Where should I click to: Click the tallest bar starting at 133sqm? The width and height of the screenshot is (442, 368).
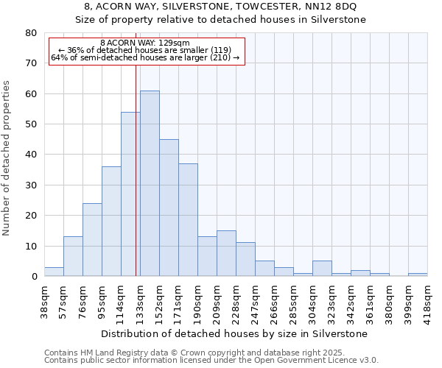[x=150, y=183]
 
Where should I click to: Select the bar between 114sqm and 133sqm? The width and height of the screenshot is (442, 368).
[x=130, y=194]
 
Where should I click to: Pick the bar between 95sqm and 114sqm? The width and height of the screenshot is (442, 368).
[x=111, y=221]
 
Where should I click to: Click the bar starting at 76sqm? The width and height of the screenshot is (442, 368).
[x=92, y=239]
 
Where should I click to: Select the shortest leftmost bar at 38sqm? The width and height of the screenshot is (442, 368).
[x=54, y=272]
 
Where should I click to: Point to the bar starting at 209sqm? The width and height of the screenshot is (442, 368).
[x=226, y=253]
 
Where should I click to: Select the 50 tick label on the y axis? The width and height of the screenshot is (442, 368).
[x=31, y=124]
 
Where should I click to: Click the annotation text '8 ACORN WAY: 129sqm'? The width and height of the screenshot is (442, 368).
[x=144, y=43]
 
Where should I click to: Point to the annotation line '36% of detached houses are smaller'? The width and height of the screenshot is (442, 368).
[x=144, y=50]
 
